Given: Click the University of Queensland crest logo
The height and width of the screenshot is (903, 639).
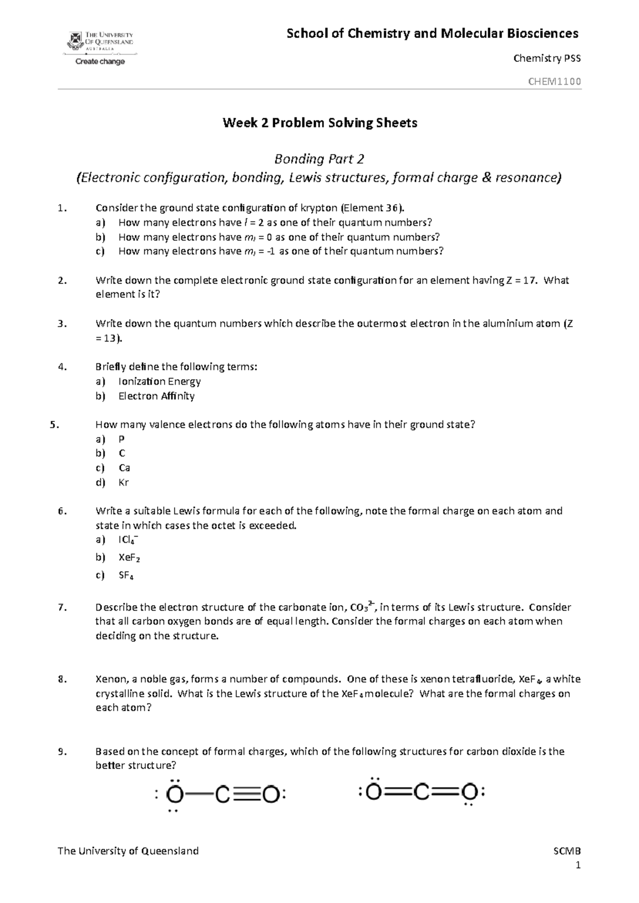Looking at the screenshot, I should pos(75,40).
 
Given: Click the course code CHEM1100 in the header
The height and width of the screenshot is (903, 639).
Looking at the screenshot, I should pos(554,82).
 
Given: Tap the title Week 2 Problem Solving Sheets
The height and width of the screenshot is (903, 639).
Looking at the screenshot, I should pos(319,123).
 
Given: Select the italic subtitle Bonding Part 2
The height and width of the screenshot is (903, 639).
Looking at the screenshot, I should pos(319,159).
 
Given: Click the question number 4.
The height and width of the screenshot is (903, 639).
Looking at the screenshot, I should pos(62,367).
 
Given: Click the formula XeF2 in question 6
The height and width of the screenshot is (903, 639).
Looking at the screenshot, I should pos(129,558).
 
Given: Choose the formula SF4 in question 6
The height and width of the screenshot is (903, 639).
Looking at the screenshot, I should pos(126,575).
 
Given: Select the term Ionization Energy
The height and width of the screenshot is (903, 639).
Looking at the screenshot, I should pos(159,381).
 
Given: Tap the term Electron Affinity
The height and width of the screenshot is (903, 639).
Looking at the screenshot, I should pos(156,396).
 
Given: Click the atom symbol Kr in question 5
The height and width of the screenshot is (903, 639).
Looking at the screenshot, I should pos(124,483).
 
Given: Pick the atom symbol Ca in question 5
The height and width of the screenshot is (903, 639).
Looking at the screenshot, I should pos(124,468).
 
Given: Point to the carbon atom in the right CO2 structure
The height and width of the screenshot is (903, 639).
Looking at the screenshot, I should pos(421,794).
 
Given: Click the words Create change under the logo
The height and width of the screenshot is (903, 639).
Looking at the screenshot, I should pos(100,62).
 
